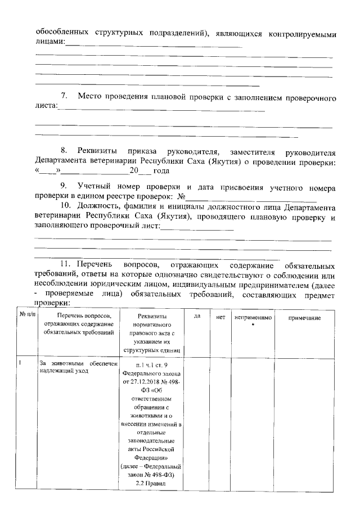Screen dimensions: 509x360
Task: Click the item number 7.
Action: pos(64,97)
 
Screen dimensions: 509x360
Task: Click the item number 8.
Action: pos(64,152)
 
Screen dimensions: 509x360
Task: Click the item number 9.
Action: pos(64,186)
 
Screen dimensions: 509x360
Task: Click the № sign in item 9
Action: pos(181,197)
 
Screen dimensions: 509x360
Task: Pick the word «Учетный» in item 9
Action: pos(96,186)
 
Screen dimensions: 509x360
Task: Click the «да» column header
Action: pos(197,317)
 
